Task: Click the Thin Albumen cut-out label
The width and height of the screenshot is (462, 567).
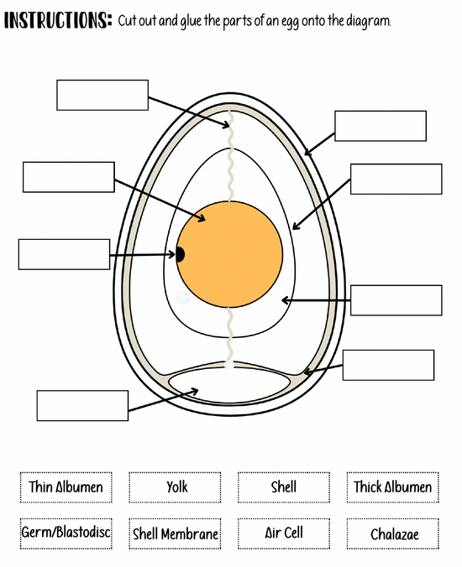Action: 66,487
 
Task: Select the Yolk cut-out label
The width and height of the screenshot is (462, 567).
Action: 175,487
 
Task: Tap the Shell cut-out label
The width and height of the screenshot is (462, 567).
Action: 284,487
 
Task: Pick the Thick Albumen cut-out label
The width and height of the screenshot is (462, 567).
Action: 393,487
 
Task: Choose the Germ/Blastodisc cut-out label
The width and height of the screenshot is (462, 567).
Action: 66,533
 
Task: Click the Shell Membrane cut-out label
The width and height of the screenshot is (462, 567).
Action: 175,533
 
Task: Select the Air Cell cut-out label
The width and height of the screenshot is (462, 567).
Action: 284,533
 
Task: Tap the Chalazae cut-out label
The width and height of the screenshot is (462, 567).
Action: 393,533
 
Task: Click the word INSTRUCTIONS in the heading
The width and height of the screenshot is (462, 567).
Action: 58,20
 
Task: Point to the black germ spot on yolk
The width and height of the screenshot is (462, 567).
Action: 180,254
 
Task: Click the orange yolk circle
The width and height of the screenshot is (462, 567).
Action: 229,254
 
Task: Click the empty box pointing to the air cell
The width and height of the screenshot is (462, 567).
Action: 82,405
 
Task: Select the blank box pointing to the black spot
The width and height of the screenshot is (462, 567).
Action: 64,254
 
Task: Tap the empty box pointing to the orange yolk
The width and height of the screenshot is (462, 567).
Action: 69,177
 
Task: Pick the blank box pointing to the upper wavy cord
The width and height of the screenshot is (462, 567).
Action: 102,95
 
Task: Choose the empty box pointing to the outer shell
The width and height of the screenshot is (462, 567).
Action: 381,126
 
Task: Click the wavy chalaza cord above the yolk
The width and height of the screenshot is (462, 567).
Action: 230,155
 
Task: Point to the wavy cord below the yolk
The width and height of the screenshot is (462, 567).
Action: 229,335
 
